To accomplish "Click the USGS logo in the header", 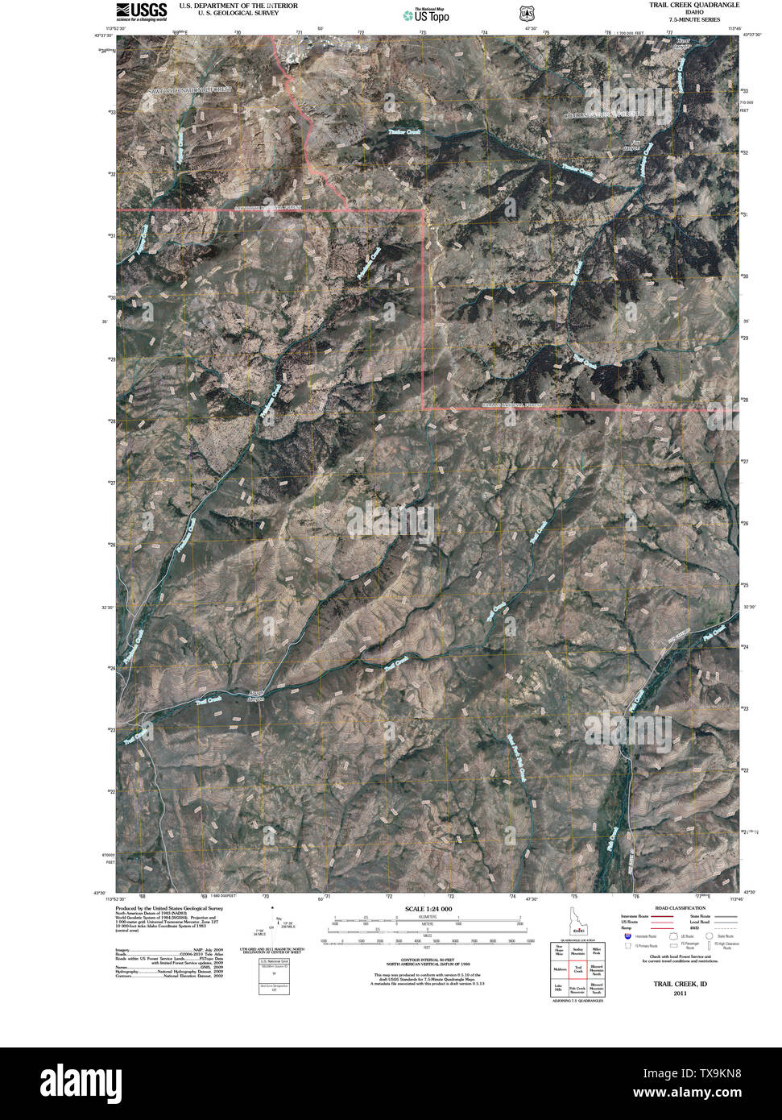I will [x=142, y=10].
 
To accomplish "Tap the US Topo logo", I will [x=427, y=14].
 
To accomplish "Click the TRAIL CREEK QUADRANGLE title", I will [x=693, y=5].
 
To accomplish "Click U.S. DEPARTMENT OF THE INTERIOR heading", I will [x=238, y=6].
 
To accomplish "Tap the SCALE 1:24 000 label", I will [x=429, y=909].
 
